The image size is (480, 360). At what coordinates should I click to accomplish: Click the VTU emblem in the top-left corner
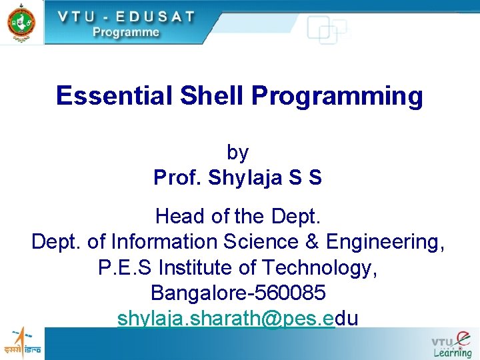point(21,21)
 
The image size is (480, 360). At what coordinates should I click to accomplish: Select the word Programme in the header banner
point(126,31)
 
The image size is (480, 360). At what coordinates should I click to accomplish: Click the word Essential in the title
point(114,96)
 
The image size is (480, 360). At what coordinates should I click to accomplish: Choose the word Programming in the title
point(337,96)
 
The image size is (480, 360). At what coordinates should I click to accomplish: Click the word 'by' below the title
point(237,153)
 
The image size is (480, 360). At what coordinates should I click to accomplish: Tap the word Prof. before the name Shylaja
point(177,178)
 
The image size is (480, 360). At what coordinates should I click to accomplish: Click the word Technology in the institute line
point(319,267)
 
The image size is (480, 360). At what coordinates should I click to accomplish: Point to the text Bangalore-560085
point(238,293)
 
